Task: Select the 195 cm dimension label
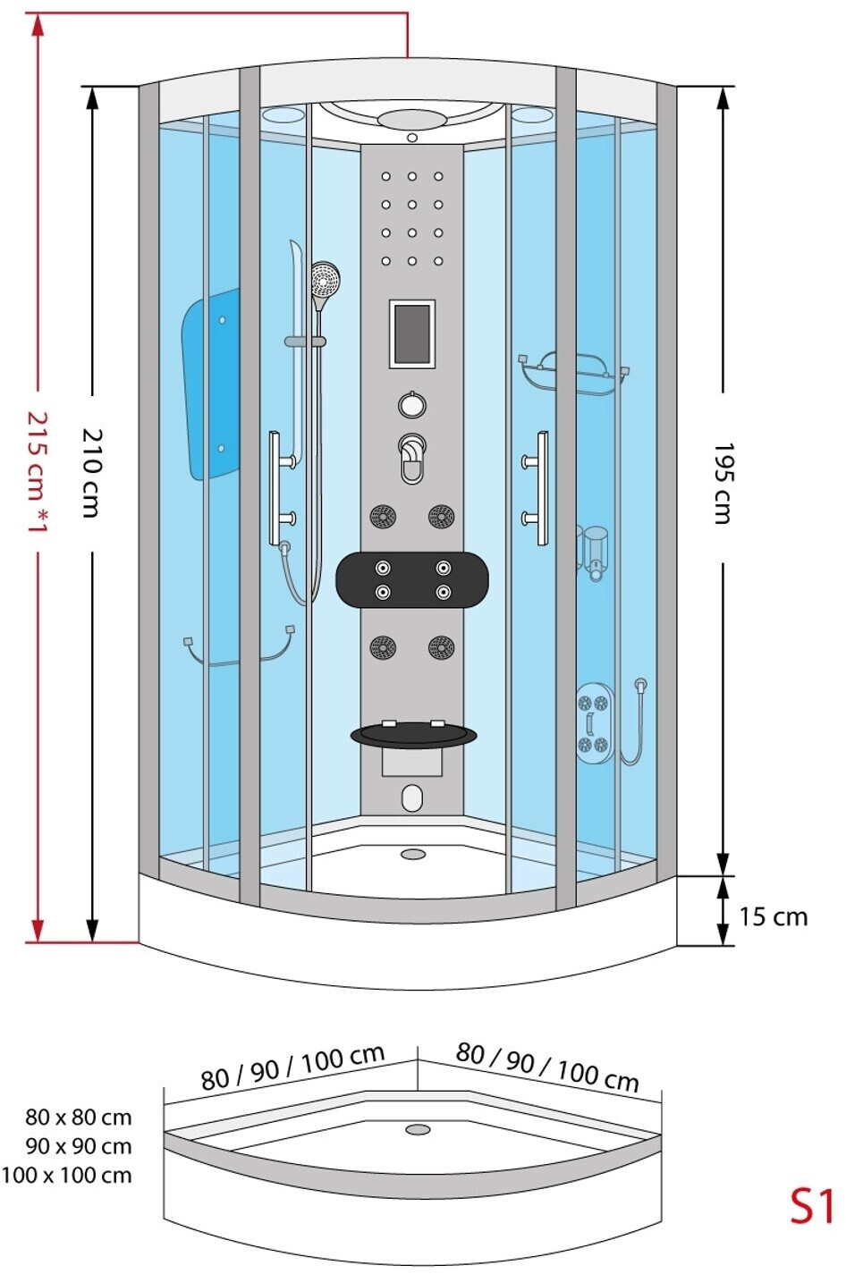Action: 723,483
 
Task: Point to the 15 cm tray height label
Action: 773,917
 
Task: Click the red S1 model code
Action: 810,1206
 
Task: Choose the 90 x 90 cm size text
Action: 78,1146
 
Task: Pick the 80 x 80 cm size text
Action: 78,1118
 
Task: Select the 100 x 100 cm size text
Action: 66,1176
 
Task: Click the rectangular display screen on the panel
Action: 411,333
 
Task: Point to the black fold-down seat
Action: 412,735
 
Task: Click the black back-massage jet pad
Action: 412,579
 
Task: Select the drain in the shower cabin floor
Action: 413,855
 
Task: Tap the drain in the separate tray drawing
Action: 418,1130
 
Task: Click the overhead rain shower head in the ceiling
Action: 412,120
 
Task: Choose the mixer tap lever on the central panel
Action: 411,457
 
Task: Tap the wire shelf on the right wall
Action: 574,374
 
